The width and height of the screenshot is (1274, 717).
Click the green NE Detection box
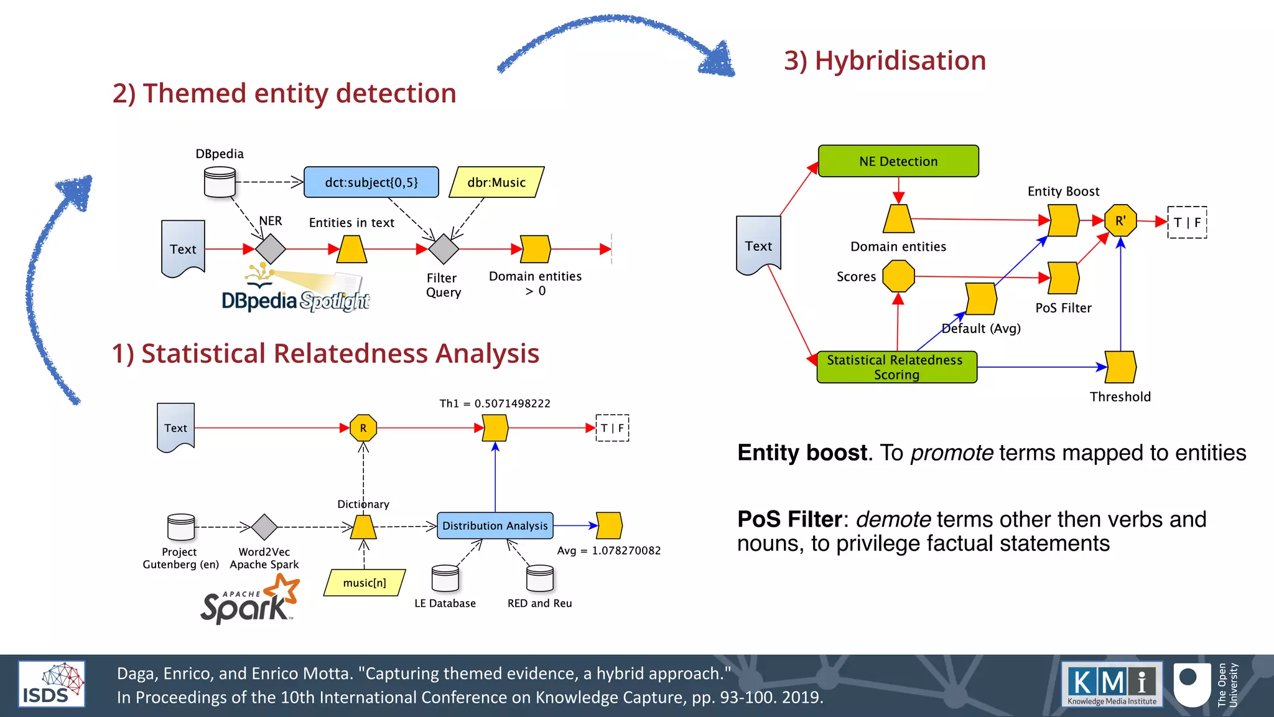tap(898, 161)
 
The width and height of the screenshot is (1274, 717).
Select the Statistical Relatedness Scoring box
tap(896, 367)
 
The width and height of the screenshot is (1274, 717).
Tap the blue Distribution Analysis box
tap(495, 526)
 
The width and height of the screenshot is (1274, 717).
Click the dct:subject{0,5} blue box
tap(371, 182)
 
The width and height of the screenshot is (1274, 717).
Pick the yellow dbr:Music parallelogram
tap(496, 182)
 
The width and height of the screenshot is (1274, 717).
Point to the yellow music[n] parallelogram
tap(365, 583)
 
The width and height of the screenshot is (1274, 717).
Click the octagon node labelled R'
tap(1120, 221)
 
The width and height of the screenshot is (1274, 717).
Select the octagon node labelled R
tap(363, 428)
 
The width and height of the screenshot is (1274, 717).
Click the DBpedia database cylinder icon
tap(220, 182)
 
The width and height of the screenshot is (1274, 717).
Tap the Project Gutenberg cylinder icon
tap(181, 527)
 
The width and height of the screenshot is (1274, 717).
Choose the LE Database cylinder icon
tap(445, 578)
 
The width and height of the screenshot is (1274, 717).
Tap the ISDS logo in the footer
tap(52, 684)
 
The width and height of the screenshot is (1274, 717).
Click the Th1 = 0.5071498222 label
tap(495, 403)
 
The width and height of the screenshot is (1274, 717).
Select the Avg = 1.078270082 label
tap(608, 551)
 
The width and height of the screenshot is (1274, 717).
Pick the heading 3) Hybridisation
tap(885, 60)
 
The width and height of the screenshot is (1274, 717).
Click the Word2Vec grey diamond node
tap(264, 527)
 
